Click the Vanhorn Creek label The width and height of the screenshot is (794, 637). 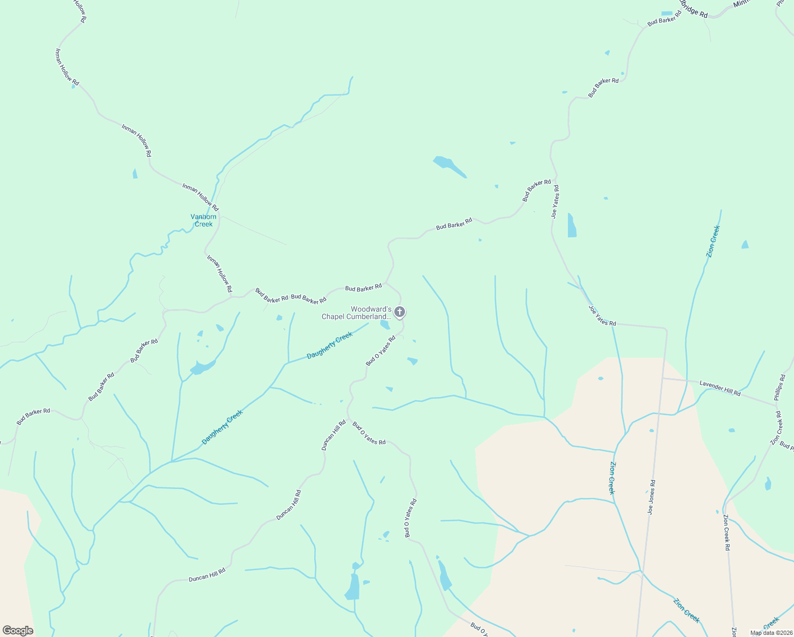tap(203, 220)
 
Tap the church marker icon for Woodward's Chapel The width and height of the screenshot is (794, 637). tap(400, 312)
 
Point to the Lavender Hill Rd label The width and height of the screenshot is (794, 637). tap(720, 388)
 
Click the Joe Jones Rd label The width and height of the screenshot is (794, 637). tap(651, 497)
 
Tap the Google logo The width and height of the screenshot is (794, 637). tap(18, 630)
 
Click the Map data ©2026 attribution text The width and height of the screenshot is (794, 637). tap(771, 633)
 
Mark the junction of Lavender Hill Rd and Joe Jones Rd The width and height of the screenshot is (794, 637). tap(662, 378)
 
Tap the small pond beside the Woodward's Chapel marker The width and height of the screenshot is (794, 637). tap(385, 324)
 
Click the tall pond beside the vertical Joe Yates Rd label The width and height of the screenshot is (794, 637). tap(572, 226)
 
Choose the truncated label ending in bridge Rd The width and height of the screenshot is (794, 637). tap(694, 10)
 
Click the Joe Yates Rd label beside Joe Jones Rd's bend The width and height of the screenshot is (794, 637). tap(602, 315)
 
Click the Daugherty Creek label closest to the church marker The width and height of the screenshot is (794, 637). tap(330, 345)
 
